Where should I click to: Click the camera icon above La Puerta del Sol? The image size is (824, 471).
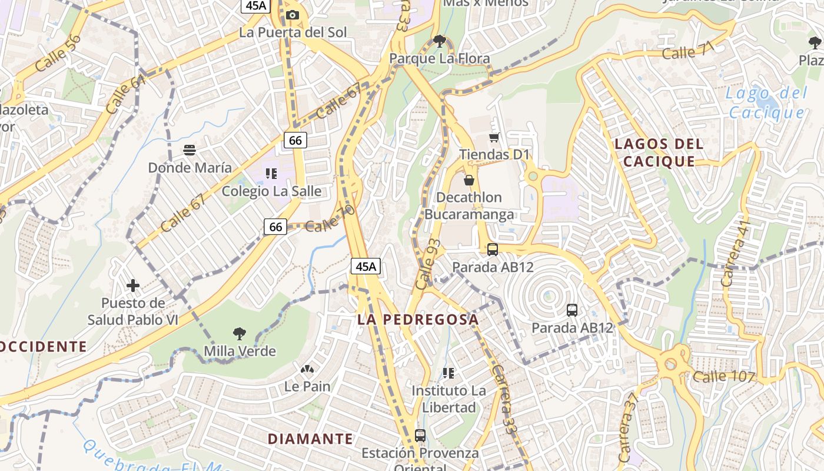click(293, 15)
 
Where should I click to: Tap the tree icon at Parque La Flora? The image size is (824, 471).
click(439, 41)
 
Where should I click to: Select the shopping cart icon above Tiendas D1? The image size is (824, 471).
click(494, 137)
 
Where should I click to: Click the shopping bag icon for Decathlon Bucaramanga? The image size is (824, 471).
click(469, 180)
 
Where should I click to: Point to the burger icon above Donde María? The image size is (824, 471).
click(189, 150)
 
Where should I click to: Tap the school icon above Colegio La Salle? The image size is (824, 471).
click(271, 173)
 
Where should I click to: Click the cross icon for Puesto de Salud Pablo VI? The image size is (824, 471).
click(133, 286)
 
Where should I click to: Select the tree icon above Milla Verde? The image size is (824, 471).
click(239, 334)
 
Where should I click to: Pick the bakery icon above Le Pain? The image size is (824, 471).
click(307, 370)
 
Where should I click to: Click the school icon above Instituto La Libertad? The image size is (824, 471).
click(448, 373)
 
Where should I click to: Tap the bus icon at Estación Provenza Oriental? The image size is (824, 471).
click(420, 436)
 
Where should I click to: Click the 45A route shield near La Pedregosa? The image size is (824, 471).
click(366, 266)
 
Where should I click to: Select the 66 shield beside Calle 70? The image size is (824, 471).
click(275, 226)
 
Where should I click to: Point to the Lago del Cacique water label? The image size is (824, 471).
click(765, 103)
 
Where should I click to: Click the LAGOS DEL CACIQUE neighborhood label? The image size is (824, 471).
click(659, 152)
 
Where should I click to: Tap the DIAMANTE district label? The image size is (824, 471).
click(310, 439)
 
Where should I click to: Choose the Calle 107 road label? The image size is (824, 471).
click(723, 377)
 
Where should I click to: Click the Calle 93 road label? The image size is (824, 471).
click(427, 264)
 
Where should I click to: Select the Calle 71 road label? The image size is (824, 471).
click(687, 52)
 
